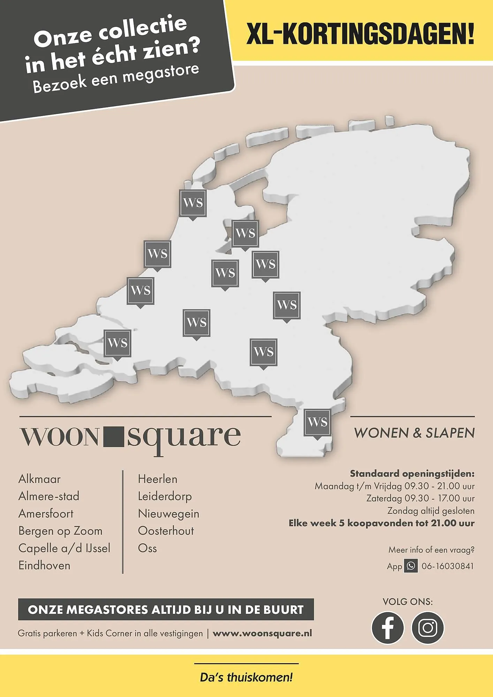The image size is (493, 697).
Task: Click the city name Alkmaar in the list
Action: [39, 479]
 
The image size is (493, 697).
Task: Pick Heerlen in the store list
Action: [158, 479]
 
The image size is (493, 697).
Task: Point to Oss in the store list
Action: [147, 548]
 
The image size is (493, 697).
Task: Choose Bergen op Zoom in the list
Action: [60, 531]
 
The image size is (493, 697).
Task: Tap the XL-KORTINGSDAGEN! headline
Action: [360, 35]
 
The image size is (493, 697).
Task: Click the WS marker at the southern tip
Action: [317, 422]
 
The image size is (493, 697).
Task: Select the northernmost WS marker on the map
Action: [193, 203]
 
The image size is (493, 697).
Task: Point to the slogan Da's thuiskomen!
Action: [246, 678]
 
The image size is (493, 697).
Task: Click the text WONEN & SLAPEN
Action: [414, 433]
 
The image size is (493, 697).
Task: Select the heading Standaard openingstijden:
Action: [412, 474]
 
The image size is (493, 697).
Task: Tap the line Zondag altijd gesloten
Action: [431, 511]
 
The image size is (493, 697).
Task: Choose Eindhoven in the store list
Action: [44, 565]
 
